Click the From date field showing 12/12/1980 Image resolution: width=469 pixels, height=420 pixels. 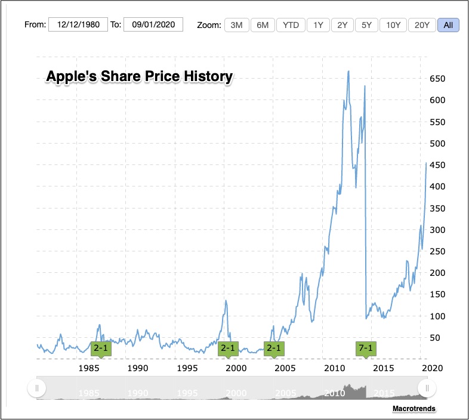78,24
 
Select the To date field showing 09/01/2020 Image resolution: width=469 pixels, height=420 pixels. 153,24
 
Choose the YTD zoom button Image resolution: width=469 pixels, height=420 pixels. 291,25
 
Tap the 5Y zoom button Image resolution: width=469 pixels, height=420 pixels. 366,25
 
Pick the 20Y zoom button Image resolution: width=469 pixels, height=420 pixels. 422,25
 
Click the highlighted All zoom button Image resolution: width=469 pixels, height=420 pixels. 448,25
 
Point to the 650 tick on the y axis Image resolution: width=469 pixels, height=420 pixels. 437,79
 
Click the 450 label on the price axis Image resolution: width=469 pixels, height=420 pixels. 437,165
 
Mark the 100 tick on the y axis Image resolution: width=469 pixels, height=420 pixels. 437,316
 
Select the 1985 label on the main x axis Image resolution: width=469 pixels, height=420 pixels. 88,368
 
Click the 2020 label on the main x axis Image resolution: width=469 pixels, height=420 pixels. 431,368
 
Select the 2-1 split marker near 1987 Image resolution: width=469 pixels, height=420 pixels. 101,349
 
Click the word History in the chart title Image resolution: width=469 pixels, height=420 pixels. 208,77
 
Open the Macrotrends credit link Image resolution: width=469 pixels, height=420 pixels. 414,409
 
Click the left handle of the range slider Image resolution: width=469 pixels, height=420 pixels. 36,388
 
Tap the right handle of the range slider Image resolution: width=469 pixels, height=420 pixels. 427,388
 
